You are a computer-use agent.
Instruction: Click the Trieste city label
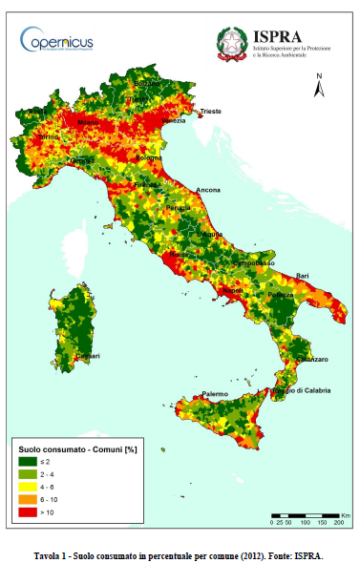coord(210,112)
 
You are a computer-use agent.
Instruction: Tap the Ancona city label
coord(207,190)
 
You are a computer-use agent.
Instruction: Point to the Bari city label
coord(303,276)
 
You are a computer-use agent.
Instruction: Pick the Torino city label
coord(48,136)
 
